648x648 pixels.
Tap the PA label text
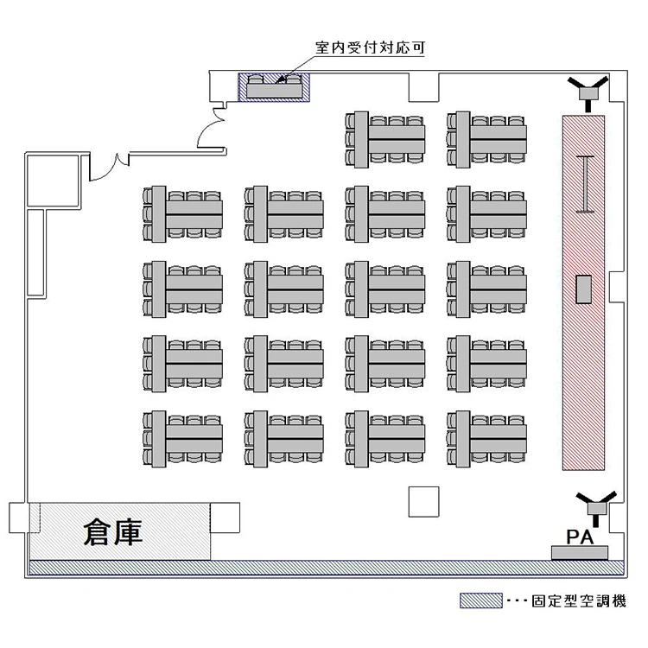tap(578, 536)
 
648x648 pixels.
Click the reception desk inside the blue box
tap(275, 87)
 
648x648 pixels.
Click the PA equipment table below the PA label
tap(580, 551)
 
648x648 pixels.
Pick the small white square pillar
tap(423, 501)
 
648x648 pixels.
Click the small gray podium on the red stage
tap(585, 289)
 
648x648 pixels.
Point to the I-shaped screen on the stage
tap(587, 183)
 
